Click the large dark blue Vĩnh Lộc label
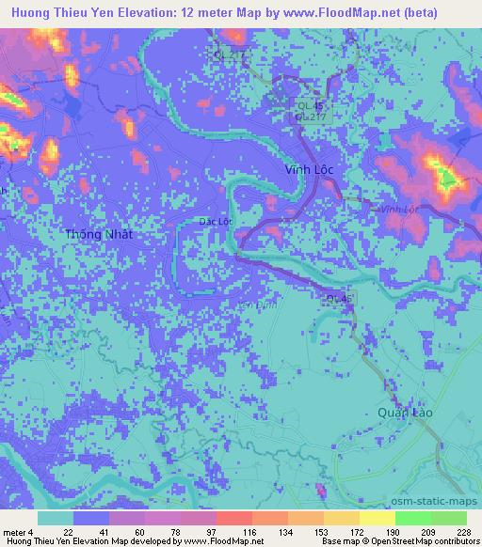315,170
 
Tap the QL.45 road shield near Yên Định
337,299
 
